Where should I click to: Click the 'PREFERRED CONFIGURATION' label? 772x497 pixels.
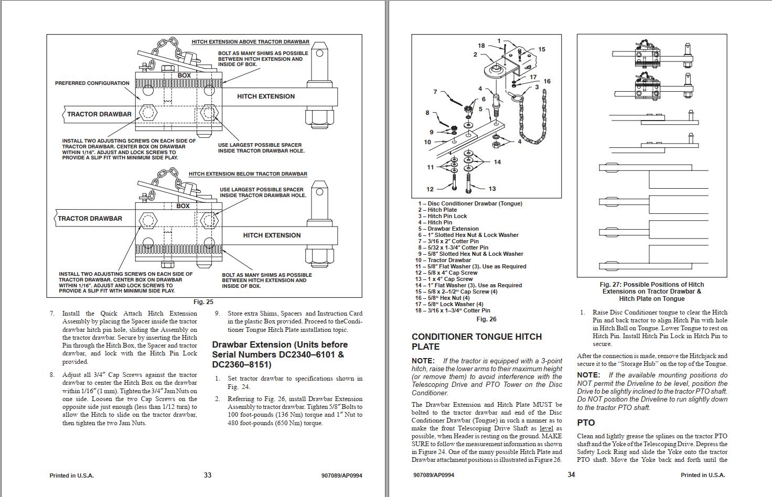(92, 83)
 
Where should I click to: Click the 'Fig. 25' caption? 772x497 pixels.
(203, 302)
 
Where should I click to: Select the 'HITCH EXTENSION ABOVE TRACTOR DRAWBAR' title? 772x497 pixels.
(250, 42)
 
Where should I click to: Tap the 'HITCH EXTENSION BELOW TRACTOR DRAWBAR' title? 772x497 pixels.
(248, 174)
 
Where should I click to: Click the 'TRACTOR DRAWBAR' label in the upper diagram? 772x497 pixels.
(99, 114)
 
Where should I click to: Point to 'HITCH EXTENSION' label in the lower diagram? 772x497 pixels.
(272, 235)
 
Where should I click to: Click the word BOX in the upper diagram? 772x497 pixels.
(184, 75)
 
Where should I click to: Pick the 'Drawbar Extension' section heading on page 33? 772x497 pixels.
(280, 354)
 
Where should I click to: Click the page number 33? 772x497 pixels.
(208, 475)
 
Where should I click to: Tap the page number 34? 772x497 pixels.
(571, 475)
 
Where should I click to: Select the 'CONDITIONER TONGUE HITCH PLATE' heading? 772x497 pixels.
(476, 341)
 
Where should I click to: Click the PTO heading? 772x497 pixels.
(586, 423)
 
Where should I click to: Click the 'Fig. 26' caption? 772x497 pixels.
(486, 319)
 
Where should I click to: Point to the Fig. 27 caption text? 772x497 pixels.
(651, 291)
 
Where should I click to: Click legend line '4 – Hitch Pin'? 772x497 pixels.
(435, 222)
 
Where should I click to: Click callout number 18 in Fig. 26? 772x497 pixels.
(481, 46)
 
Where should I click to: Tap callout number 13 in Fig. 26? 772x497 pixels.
(492, 189)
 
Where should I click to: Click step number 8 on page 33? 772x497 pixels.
(52, 375)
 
